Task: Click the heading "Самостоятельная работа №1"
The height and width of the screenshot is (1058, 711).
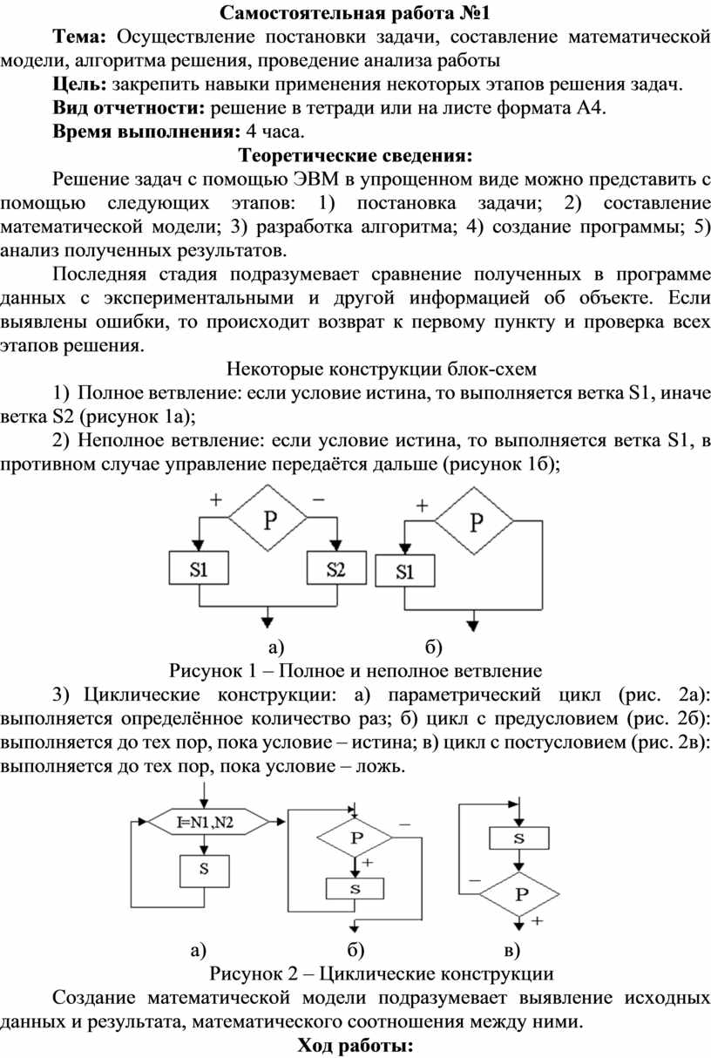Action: pos(355,13)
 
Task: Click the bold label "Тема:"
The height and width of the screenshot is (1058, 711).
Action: pos(80,37)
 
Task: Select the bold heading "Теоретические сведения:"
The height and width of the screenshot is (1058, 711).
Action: pos(355,155)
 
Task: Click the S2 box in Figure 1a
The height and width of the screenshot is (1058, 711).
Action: pos(336,568)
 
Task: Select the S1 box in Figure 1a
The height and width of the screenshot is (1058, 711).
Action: pos(199,568)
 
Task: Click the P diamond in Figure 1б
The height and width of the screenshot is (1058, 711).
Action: pos(474,521)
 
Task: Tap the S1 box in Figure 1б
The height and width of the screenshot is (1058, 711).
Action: pos(405,571)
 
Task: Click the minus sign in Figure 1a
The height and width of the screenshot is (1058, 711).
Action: pos(319,499)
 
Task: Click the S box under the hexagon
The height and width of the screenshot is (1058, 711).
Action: pos(205,871)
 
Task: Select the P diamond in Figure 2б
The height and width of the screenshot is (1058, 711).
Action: pos(355,838)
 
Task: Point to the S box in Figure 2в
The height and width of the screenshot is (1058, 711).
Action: pos(519,838)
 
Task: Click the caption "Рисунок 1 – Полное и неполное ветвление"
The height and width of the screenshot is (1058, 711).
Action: pos(355,671)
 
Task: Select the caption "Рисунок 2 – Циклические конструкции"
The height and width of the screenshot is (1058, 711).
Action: pos(382,973)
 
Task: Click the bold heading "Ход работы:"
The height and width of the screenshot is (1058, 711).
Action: pos(355,1046)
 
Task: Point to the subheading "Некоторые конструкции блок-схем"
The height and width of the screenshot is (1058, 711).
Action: pos(382,369)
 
